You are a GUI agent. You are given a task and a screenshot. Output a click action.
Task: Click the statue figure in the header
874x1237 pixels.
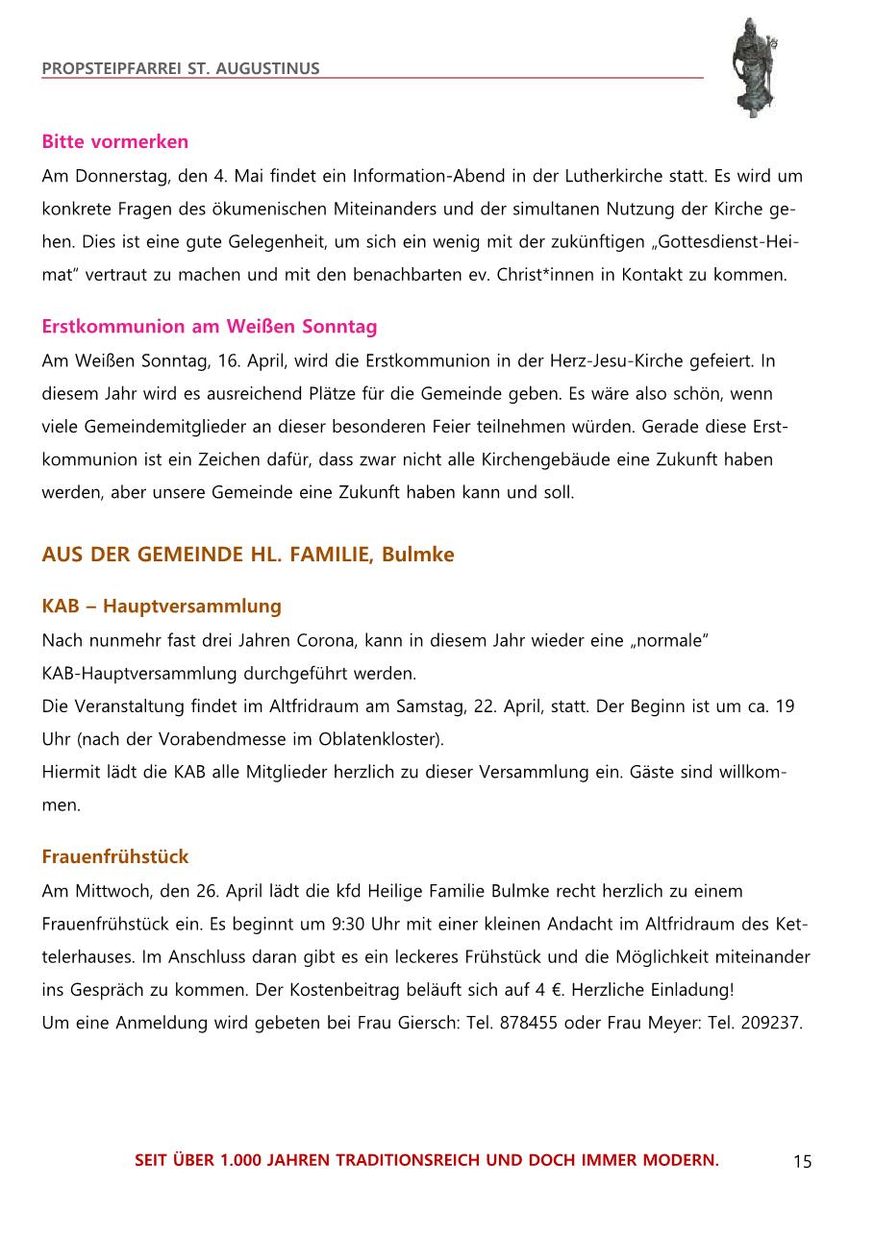coord(752,67)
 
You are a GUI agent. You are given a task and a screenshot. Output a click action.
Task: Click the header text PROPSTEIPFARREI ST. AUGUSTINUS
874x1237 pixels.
coord(181,69)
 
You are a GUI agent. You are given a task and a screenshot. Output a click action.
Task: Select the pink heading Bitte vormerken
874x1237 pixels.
coord(114,142)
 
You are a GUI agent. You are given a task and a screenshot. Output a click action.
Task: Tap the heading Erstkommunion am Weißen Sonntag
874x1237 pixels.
coord(209,327)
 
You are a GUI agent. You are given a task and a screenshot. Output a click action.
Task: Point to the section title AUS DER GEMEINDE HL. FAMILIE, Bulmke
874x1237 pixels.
coord(247,555)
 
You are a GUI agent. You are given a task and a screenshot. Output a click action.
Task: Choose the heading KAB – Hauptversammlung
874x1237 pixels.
coord(162,606)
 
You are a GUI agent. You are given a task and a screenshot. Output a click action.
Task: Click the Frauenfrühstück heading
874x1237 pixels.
coord(114,856)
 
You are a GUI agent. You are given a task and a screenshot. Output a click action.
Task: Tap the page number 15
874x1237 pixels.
coord(802,1162)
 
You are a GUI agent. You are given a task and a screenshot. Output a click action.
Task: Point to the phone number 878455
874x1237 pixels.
coord(528,1023)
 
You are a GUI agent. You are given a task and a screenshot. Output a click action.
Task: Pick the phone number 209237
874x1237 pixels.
coord(771,1023)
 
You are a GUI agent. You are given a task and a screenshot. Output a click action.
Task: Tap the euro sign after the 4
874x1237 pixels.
coord(554,990)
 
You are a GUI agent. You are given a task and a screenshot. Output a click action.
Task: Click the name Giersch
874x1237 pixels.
coord(419,1023)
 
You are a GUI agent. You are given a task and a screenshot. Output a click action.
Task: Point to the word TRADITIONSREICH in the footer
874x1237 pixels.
coord(409,1161)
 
